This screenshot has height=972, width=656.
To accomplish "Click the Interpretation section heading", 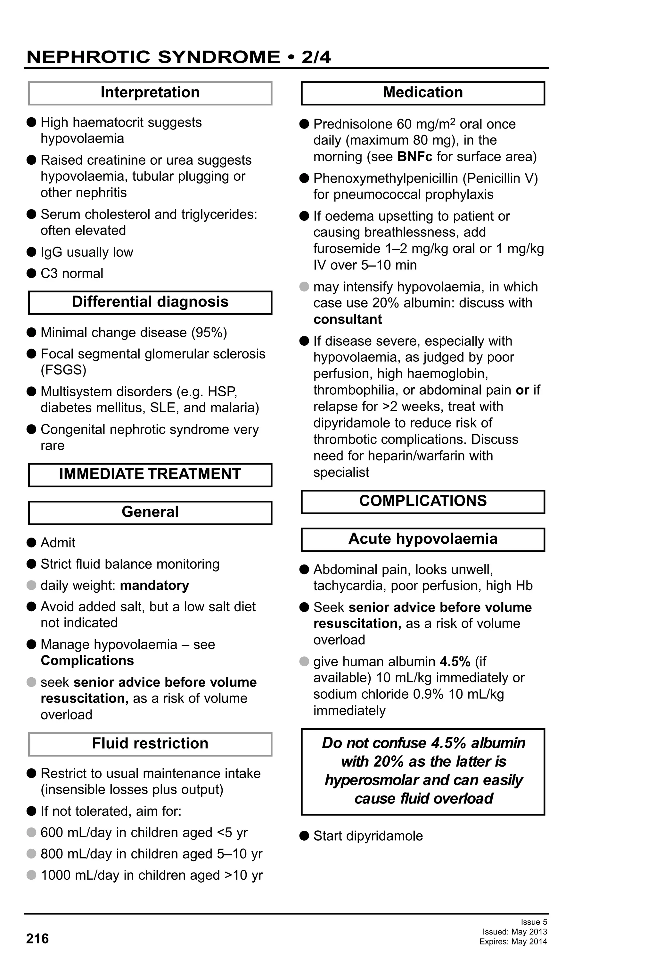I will (x=150, y=93).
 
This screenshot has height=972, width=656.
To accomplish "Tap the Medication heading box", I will (x=423, y=93).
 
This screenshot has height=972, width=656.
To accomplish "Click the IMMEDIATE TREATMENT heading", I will (x=150, y=474).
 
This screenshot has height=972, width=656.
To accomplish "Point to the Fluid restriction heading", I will (x=150, y=743).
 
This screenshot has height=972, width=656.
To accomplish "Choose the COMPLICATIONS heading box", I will (x=423, y=501).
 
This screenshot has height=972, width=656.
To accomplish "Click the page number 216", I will (x=37, y=939).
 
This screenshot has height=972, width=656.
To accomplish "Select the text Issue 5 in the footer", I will (x=534, y=922).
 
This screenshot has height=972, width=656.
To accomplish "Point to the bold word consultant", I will (x=348, y=319).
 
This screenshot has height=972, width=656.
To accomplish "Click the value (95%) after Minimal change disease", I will (x=209, y=333).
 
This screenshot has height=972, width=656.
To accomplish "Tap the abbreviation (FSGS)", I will (x=63, y=370).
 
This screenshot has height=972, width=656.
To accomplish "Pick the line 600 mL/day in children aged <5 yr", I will (x=144, y=832).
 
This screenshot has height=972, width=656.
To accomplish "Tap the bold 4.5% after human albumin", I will (x=455, y=661).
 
